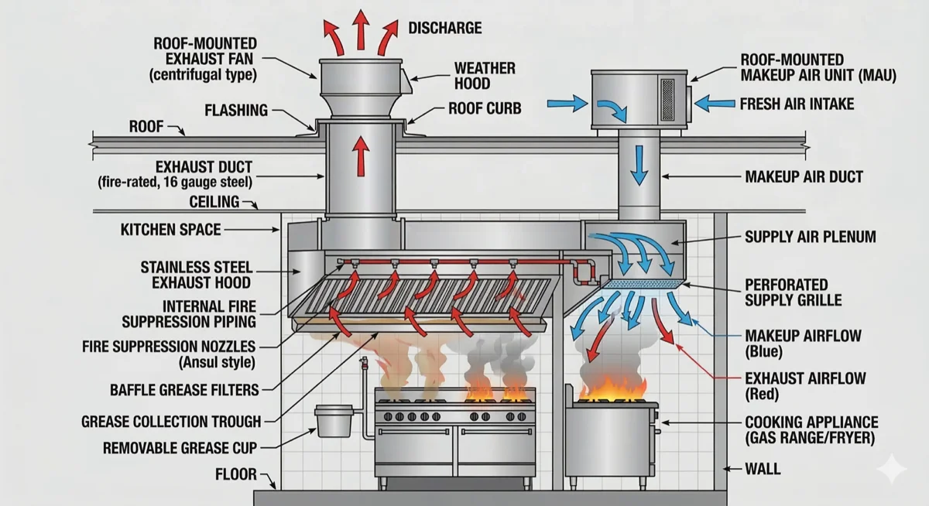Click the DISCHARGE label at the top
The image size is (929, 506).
click(x=444, y=29)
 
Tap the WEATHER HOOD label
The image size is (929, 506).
click(x=484, y=76)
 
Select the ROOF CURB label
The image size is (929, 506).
click(x=485, y=109)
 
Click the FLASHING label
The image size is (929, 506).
click(x=236, y=110)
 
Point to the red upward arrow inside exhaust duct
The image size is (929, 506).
click(x=360, y=157)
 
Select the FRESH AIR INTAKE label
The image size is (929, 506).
click(x=797, y=103)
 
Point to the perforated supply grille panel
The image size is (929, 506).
click(x=642, y=285)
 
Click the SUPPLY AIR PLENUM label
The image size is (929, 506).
click(x=810, y=237)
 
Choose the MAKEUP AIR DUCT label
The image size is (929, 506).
click(x=804, y=177)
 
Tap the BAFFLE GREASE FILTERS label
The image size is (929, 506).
click(x=185, y=390)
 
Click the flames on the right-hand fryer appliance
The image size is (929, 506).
click(x=613, y=387)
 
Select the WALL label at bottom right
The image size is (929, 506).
click(x=762, y=469)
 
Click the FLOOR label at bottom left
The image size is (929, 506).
click(x=235, y=474)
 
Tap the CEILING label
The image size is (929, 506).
click(x=214, y=203)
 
